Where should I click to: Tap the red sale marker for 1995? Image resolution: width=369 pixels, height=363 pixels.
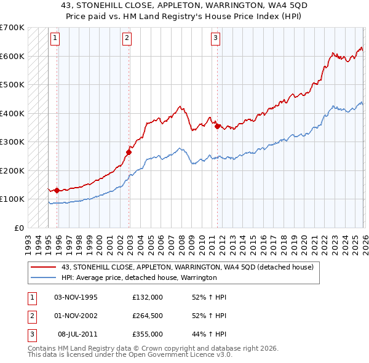tap(57, 190)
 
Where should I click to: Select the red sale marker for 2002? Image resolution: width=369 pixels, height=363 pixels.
tap(129, 152)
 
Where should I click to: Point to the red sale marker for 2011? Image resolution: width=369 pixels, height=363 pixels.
tap(218, 126)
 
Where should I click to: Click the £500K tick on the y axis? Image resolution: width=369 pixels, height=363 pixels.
tap(12, 85)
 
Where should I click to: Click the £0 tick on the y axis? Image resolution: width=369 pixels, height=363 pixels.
tap(18, 228)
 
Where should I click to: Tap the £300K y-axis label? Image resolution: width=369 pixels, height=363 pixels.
tap(12, 142)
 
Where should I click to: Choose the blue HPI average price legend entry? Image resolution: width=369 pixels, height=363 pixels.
tap(139, 278)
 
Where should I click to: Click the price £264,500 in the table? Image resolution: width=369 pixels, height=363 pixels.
tap(147, 316)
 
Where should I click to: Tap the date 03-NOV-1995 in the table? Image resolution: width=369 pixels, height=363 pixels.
tap(76, 297)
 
